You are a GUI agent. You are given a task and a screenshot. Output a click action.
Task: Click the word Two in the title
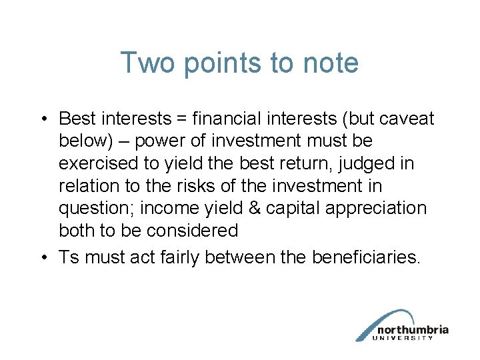[145, 63]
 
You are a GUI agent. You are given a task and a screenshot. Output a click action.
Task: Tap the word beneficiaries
[366, 257]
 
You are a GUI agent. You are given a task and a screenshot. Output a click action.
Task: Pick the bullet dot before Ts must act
[42, 258]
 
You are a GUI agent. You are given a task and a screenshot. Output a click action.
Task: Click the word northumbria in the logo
[412, 329]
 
